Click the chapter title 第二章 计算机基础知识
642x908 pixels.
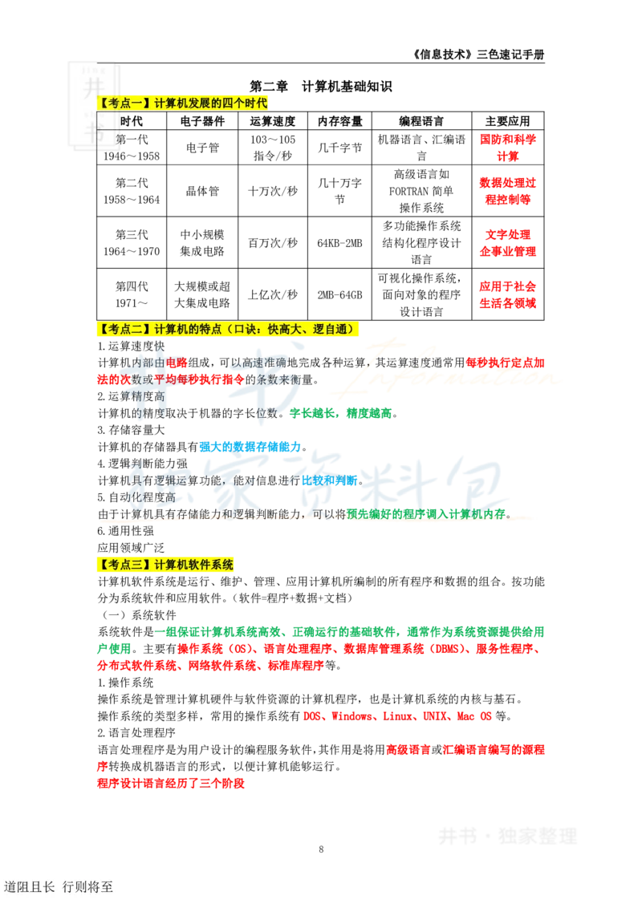320,87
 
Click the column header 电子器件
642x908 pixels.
202,121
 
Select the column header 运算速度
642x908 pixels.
272,121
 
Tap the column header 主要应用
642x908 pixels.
507,121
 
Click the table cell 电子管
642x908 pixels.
202,148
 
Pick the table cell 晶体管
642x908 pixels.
202,191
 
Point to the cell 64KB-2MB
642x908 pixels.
339,243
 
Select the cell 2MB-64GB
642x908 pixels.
339,294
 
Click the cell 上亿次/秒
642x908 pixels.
272,294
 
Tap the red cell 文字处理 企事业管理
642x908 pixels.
507,242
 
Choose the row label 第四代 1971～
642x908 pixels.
132,294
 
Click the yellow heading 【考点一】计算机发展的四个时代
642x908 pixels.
182,103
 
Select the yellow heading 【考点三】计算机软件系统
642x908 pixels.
165,565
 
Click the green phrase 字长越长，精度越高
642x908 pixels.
341,413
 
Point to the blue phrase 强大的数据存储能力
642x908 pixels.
250,447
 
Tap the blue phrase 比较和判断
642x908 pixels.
330,480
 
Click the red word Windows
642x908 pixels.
351,716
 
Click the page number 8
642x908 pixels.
321,849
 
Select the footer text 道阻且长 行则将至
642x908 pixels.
59,886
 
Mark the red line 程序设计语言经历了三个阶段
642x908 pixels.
171,784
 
